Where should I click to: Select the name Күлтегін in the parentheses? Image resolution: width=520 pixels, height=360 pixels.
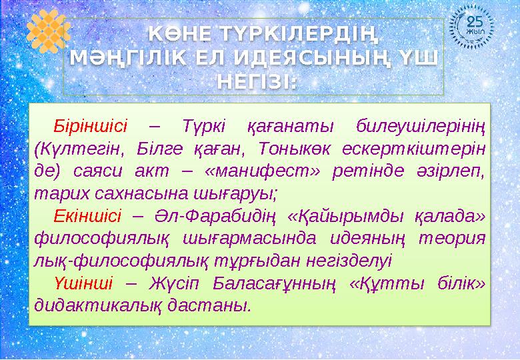pos(74,147)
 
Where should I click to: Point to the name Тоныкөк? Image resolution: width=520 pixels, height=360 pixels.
pos(313,147)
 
